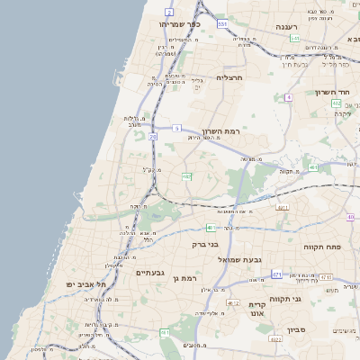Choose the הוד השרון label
[x=337, y=93]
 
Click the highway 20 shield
[x=153, y=137]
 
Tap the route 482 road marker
[x=187, y=176]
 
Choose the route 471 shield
[x=277, y=274]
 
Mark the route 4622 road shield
[x=276, y=339]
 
